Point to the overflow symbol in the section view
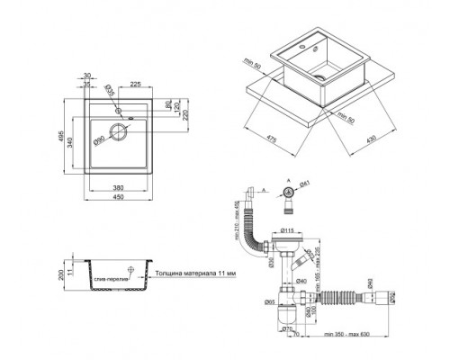(x=131, y=269)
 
